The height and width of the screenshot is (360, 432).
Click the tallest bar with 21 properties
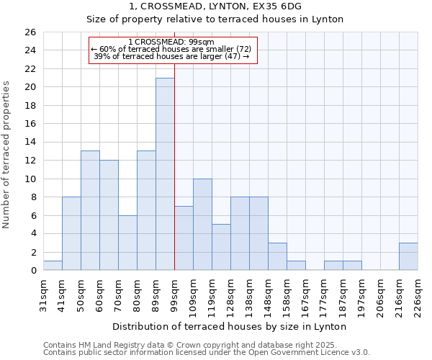165,174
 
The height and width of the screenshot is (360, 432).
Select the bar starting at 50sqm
90,210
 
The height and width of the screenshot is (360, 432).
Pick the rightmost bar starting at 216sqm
408,256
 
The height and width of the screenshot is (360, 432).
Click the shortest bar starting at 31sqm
53,266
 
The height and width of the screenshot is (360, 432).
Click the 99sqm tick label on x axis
175,294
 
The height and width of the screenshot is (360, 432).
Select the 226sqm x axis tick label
418,294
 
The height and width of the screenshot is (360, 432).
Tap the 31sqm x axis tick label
44,294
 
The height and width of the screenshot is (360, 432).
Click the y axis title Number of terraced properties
7,155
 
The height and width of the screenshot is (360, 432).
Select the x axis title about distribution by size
230,326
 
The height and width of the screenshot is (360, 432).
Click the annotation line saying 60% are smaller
171,49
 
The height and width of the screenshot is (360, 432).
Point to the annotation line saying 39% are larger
171,56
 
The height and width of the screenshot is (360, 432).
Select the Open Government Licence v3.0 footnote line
206,353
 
